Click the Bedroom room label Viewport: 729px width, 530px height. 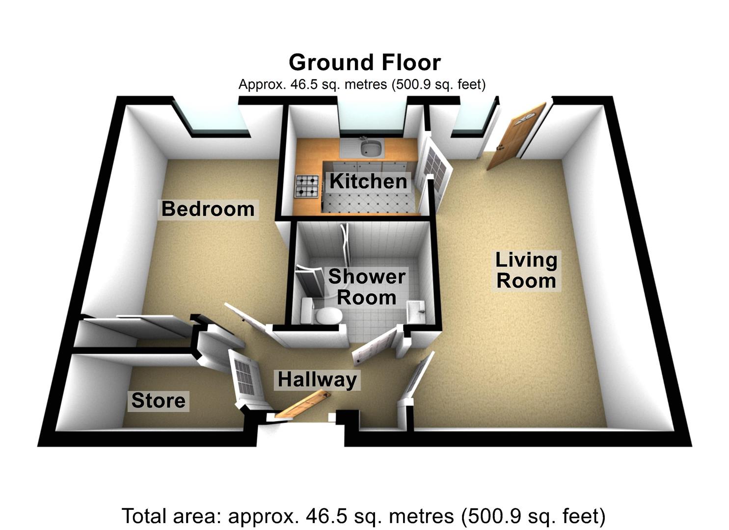point(208,209)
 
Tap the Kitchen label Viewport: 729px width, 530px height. point(368,182)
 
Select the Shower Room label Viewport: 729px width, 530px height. point(367,287)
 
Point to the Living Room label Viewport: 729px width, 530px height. point(526,270)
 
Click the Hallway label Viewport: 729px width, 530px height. point(317,380)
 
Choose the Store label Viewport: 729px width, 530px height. point(159,401)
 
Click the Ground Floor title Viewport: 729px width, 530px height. point(364,63)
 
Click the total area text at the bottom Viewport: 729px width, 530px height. point(363,516)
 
